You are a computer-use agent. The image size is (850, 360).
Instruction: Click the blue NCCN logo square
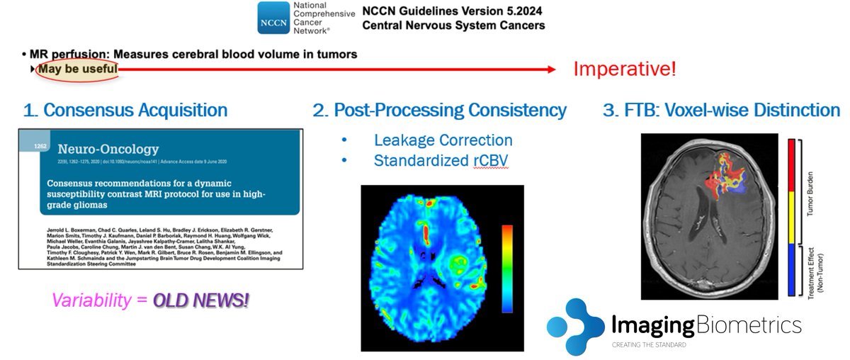tap(273, 18)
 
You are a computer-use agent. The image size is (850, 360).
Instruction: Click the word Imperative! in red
tap(624, 69)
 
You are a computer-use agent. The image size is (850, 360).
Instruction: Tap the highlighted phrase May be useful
tap(77, 69)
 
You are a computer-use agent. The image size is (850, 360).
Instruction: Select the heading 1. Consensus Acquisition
tap(125, 111)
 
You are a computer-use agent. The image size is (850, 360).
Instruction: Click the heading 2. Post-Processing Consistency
tap(439, 111)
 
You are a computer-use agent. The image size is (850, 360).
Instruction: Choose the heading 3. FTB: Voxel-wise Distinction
tap(720, 111)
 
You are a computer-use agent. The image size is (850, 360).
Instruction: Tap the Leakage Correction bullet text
tap(443, 140)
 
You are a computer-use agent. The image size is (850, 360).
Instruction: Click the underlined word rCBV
tap(488, 160)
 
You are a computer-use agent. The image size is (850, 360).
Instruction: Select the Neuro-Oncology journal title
tap(108, 150)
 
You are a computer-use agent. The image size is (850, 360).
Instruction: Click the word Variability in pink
tap(90, 301)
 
